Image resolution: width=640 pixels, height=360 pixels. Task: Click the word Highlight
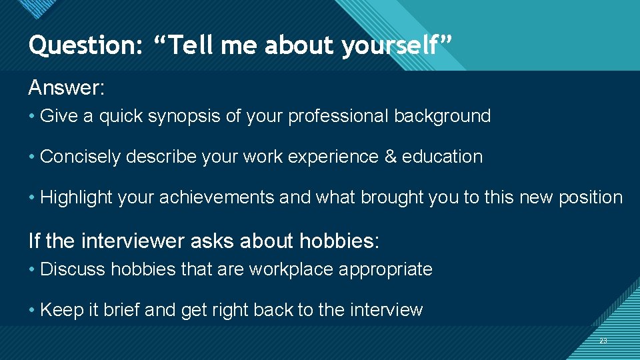click(x=76, y=198)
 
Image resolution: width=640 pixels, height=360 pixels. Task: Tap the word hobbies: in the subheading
click(x=339, y=240)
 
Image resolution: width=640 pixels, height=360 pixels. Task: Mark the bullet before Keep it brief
click(x=32, y=310)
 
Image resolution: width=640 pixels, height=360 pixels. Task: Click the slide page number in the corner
click(x=603, y=341)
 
